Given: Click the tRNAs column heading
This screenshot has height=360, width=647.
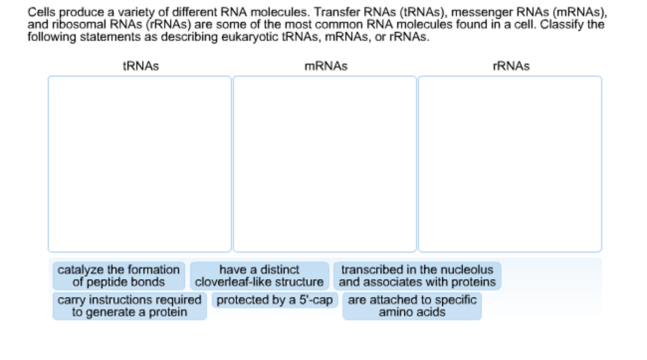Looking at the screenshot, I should [141, 66].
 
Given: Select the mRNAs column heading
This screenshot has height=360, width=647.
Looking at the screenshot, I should [326, 66].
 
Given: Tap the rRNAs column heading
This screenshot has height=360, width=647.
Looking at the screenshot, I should [511, 66].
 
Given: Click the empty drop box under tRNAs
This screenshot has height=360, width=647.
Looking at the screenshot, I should [140, 164].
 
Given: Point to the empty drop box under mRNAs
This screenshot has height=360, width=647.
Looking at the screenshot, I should [325, 164].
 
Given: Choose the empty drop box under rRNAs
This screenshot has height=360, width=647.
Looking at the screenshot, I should [510, 164].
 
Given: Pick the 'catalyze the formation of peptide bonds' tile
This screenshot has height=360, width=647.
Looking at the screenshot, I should [119, 276].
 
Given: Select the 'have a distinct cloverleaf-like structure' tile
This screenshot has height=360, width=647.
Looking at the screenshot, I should [259, 276].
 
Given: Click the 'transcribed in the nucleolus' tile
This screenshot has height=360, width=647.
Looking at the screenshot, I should [417, 276].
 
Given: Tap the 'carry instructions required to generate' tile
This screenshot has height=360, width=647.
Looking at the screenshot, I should [129, 306].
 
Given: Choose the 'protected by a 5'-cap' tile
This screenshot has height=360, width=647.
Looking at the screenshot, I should [274, 300].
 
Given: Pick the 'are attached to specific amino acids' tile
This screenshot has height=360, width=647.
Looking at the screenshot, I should [412, 306].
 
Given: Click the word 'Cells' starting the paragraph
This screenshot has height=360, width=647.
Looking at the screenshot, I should [41, 12].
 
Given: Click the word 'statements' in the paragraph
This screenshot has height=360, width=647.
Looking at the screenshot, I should [110, 37].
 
